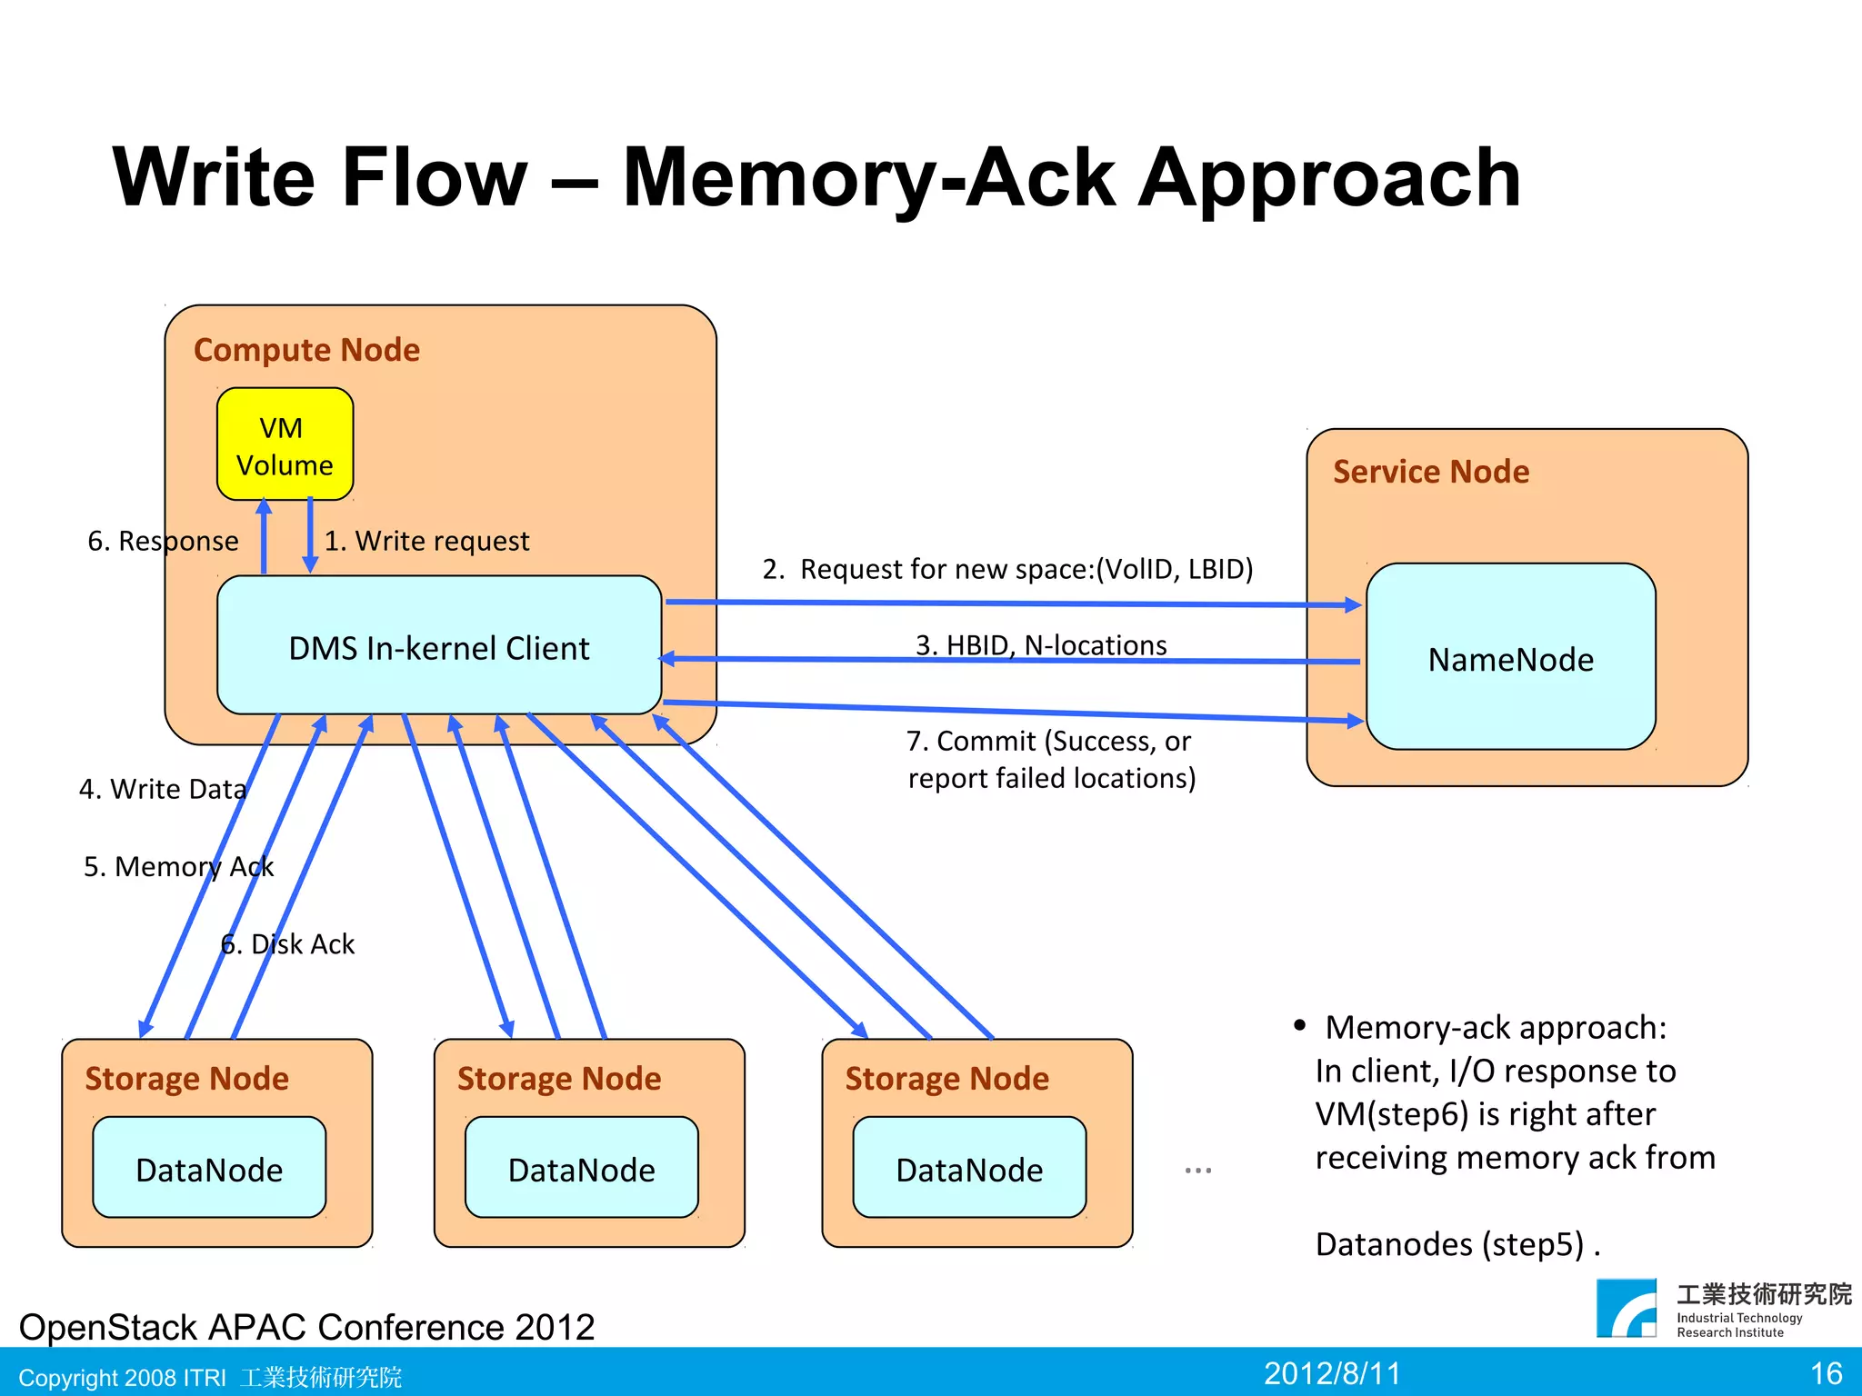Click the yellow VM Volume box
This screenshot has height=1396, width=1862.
click(285, 444)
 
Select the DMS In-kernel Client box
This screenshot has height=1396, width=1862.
click(439, 646)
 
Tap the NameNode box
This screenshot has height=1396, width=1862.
click(1510, 658)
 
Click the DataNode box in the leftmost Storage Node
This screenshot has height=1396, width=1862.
click(209, 1169)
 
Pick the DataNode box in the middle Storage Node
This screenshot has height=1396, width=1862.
click(582, 1169)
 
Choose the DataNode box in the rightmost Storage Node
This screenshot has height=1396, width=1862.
click(969, 1169)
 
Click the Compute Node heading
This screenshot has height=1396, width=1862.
click(306, 350)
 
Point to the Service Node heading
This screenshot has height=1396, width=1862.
click(1431, 472)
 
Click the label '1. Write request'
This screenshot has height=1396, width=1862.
click(426, 541)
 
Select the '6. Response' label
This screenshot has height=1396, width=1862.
click(163, 541)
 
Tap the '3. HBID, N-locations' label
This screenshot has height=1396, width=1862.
click(1040, 644)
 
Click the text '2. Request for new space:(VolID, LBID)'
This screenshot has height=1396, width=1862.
click(1007, 569)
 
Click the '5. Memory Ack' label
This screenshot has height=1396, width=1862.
click(178, 866)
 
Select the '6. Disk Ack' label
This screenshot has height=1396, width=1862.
click(287, 944)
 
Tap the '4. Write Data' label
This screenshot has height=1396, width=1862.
click(163, 789)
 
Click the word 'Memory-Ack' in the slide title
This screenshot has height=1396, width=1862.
click(868, 178)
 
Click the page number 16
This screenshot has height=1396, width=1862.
click(1826, 1372)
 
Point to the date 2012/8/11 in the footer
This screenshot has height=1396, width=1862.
click(1332, 1372)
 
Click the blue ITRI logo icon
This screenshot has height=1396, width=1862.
click(1627, 1309)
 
